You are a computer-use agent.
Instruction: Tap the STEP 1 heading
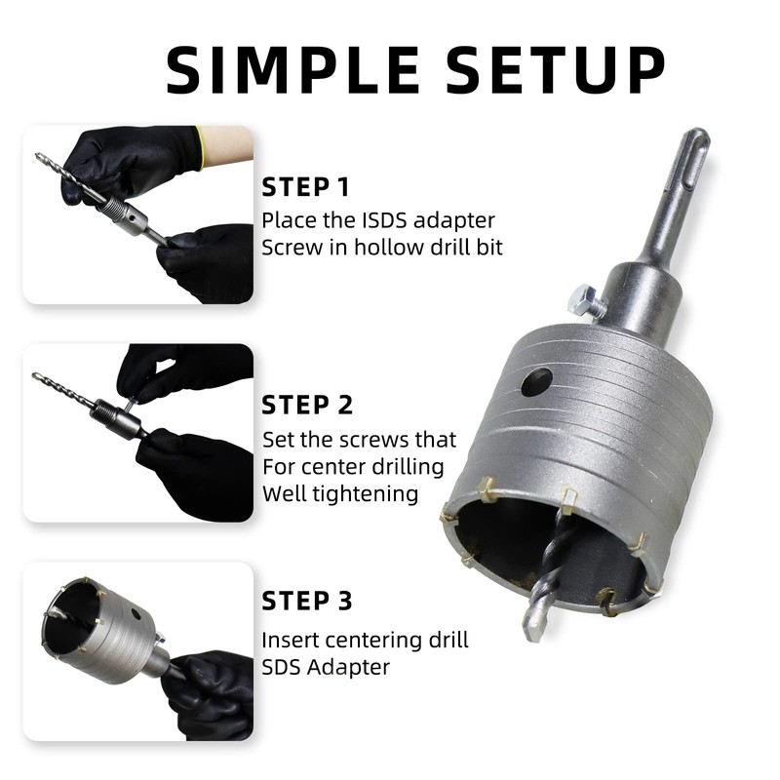(x=306, y=186)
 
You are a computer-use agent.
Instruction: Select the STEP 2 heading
(x=307, y=405)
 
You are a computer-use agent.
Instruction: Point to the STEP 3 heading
(x=307, y=601)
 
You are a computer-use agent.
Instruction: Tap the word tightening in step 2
(x=366, y=493)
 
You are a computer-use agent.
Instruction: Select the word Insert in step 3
(x=290, y=641)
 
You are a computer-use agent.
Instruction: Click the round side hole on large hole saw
(x=536, y=382)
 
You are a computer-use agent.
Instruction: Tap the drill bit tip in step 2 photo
(x=35, y=375)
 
